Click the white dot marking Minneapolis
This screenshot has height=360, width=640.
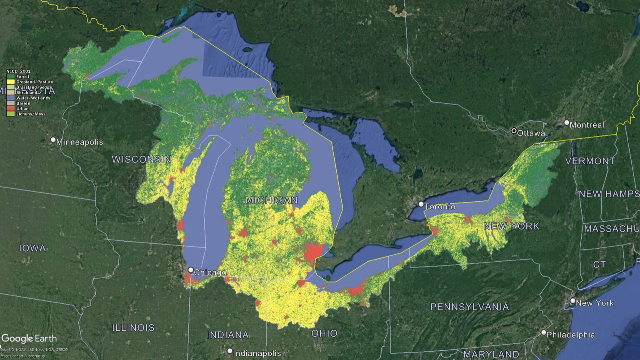(x=53, y=140)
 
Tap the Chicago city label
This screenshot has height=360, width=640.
(x=210, y=273)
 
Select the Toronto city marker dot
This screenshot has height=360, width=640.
(x=421, y=204)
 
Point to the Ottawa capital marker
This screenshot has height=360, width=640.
(x=514, y=131)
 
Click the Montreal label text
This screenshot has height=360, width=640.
(x=587, y=125)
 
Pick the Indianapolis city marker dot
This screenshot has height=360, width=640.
(x=230, y=351)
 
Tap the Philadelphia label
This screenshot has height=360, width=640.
(x=570, y=335)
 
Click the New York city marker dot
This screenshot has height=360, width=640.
(x=573, y=301)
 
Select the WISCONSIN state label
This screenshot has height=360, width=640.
(x=142, y=159)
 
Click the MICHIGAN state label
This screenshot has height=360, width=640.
(x=272, y=200)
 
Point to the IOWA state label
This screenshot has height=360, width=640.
(x=32, y=248)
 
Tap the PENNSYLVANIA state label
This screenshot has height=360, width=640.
(x=470, y=307)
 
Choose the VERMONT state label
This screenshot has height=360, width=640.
(x=590, y=161)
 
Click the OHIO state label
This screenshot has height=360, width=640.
(x=324, y=333)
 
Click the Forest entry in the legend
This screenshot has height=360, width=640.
(x=23, y=77)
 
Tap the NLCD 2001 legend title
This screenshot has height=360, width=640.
(x=18, y=71)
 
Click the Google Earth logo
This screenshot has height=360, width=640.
(x=29, y=339)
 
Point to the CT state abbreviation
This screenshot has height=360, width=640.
(x=599, y=265)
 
